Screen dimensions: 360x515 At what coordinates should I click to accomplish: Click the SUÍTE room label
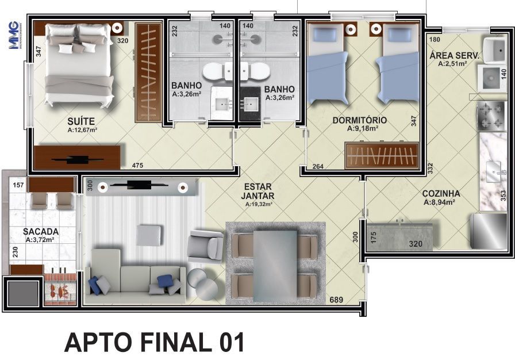[x=80, y=121]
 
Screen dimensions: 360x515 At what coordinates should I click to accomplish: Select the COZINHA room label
[x=441, y=193]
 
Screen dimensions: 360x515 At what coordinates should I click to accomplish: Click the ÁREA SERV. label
[x=454, y=55]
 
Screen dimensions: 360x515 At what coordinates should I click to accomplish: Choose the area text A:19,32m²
[x=258, y=204]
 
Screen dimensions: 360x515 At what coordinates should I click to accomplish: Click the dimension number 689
[x=337, y=300]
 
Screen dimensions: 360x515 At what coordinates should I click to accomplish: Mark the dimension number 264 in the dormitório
[x=320, y=167]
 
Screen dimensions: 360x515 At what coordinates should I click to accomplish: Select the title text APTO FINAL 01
[x=155, y=342]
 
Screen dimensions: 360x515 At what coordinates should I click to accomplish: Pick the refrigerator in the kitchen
[x=489, y=231]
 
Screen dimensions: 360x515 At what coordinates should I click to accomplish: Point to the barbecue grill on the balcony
[x=60, y=286]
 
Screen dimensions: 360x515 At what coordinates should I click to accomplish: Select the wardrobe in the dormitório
[x=381, y=156]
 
